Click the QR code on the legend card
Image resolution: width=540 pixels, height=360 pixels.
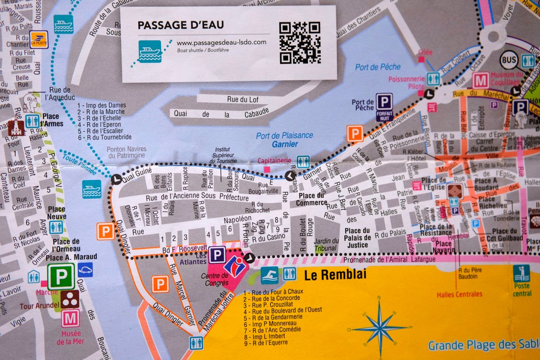[x=300, y=43]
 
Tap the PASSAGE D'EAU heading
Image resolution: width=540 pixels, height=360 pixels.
[x=180, y=25]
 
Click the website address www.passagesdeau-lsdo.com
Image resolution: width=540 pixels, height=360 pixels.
[x=221, y=42]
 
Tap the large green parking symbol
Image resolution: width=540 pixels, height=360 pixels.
[x=61, y=276]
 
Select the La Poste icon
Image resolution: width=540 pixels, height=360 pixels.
[x=39, y=40]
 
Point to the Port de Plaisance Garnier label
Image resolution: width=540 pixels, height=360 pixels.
[x=284, y=139]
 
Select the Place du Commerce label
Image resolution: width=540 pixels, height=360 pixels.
[x=312, y=199]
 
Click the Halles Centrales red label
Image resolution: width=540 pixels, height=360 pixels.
[x=459, y=294]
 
